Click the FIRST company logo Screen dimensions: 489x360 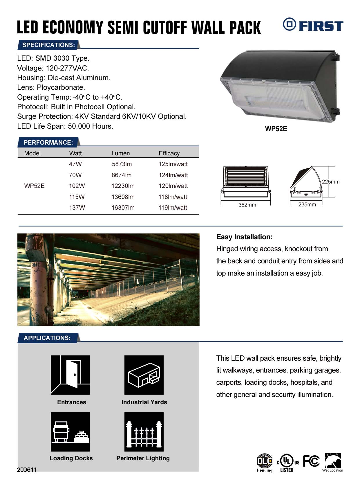(x=313, y=25)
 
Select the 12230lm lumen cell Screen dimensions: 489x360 (x=123, y=186)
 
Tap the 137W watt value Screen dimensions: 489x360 (x=77, y=208)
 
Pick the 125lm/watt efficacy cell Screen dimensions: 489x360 (x=173, y=164)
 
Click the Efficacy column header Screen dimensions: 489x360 (x=169, y=153)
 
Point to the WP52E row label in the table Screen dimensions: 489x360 (x=34, y=186)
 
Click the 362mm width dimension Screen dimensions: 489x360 (x=247, y=205)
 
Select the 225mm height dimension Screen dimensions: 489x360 (x=331, y=182)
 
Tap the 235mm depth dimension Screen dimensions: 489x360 (x=307, y=204)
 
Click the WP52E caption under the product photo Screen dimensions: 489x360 (x=276, y=129)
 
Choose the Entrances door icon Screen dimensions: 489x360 (x=70, y=375)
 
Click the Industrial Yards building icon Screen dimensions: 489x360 (x=144, y=375)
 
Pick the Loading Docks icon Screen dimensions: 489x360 (x=70, y=432)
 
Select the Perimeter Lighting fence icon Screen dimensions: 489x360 (x=144, y=432)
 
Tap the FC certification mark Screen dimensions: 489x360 (x=311, y=461)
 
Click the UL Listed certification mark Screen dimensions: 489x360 (x=287, y=463)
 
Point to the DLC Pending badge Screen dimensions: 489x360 (x=265, y=463)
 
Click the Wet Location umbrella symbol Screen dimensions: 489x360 (x=333, y=461)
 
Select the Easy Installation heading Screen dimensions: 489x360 (x=244, y=237)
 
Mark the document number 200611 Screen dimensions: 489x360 (x=27, y=470)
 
